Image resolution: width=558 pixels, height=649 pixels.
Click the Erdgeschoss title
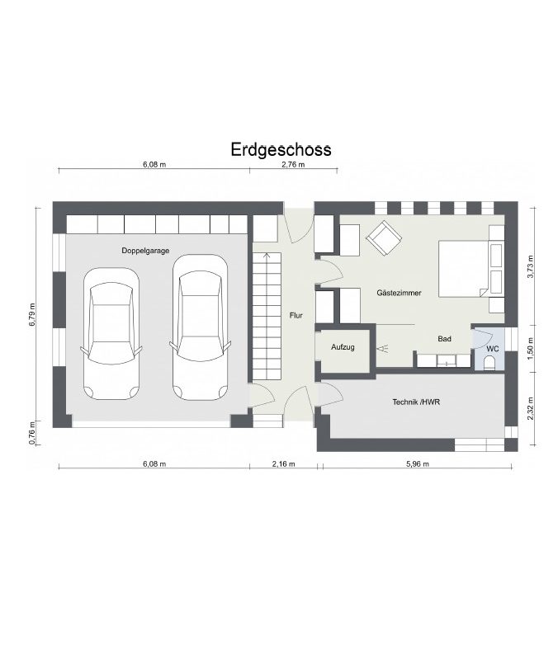tap(281, 150)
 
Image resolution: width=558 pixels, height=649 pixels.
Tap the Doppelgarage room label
tap(145, 251)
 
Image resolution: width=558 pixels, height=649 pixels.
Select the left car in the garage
tap(111, 334)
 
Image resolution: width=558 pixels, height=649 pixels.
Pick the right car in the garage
tap(200, 327)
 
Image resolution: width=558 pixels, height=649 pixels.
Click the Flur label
tap(296, 315)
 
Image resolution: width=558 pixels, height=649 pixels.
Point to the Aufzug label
tap(343, 347)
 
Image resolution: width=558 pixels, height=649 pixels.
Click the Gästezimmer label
tap(399, 293)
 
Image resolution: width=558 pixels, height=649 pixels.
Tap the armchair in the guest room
tap(384, 237)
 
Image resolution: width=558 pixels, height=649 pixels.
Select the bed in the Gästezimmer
tap(463, 269)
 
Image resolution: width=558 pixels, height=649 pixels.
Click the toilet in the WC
tap(489, 364)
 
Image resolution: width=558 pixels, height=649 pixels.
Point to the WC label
tap(493, 349)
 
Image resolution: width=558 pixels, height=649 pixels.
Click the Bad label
tap(444, 339)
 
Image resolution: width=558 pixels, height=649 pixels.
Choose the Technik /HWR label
tap(416, 402)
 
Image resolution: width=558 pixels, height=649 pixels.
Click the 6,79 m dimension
tap(32, 315)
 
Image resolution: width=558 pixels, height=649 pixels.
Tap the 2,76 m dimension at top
tap(293, 164)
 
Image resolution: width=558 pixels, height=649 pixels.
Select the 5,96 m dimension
tap(418, 464)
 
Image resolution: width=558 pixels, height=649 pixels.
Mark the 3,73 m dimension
tap(531, 266)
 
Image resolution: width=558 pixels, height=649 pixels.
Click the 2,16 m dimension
tap(284, 464)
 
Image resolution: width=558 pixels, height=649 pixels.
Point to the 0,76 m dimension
tap(32, 434)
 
